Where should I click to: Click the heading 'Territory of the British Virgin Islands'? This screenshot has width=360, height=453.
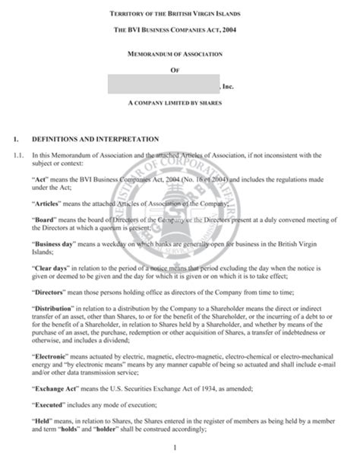pyautogui.click(x=180, y=14)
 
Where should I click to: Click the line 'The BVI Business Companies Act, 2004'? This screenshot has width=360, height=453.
pyautogui.click(x=180, y=30)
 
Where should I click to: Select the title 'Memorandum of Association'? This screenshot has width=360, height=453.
pyautogui.click(x=180, y=55)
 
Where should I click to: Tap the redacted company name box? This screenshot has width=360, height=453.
pyautogui.click(x=163, y=85)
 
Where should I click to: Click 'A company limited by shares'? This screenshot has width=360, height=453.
pyautogui.click(x=180, y=101)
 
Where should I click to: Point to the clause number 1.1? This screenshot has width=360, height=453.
pyautogui.click(x=18, y=154)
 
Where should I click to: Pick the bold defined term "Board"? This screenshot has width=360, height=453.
pyautogui.click(x=45, y=220)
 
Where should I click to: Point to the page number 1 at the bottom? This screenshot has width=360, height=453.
pyautogui.click(x=175, y=445)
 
